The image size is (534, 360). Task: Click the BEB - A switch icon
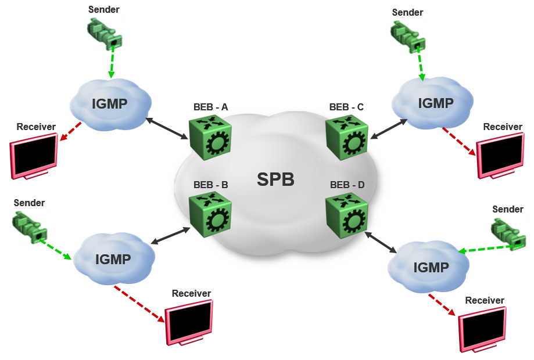(210, 136)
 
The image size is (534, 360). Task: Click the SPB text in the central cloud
(275, 179)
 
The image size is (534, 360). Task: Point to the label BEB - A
(210, 107)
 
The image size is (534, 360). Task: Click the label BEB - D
(347, 185)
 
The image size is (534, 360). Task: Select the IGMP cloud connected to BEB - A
(110, 104)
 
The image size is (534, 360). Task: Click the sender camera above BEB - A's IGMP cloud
(105, 33)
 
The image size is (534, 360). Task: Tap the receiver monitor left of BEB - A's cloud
(34, 155)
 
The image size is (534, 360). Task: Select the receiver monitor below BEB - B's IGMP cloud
(189, 322)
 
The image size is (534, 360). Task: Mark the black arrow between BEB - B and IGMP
(170, 235)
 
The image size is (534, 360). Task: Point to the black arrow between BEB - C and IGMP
(389, 129)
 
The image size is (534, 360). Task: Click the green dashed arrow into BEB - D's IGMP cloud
(487, 249)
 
